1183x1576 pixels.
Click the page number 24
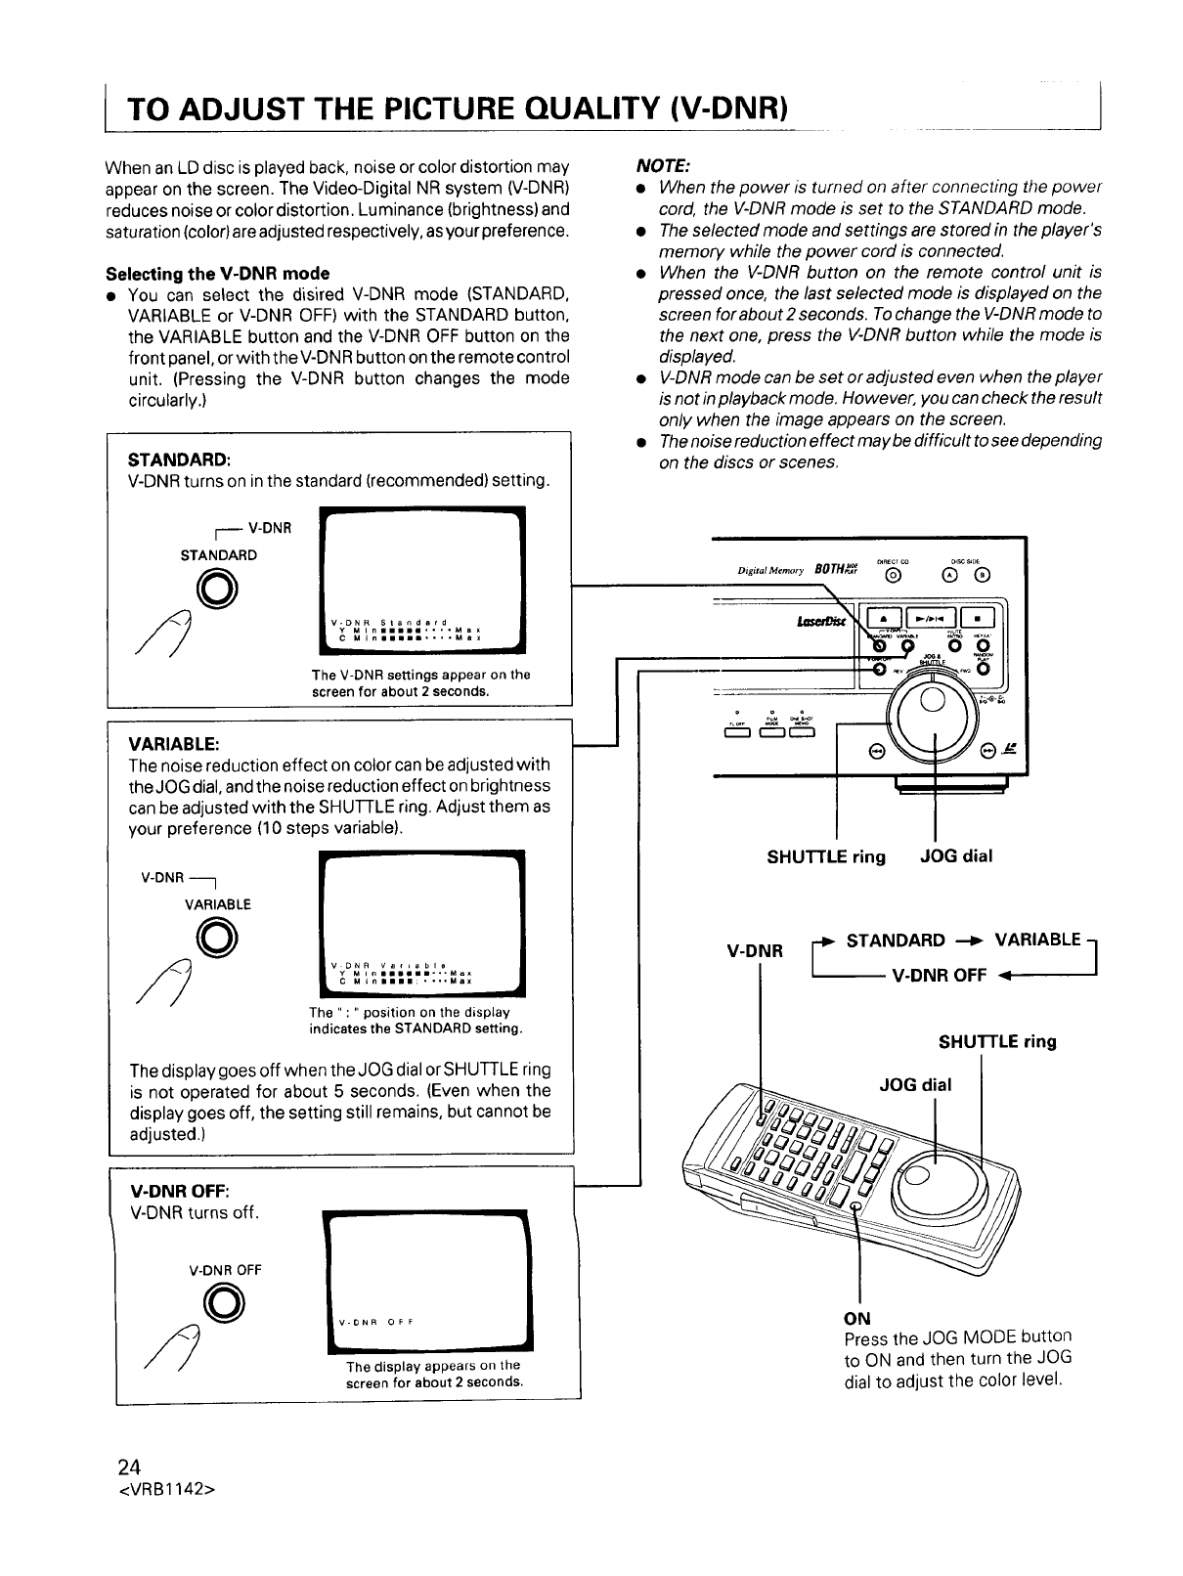pos(129,1467)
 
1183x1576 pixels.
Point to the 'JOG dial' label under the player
pos(956,856)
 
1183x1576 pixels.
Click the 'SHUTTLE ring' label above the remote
pos(997,1041)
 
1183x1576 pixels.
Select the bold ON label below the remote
pos(856,1316)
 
